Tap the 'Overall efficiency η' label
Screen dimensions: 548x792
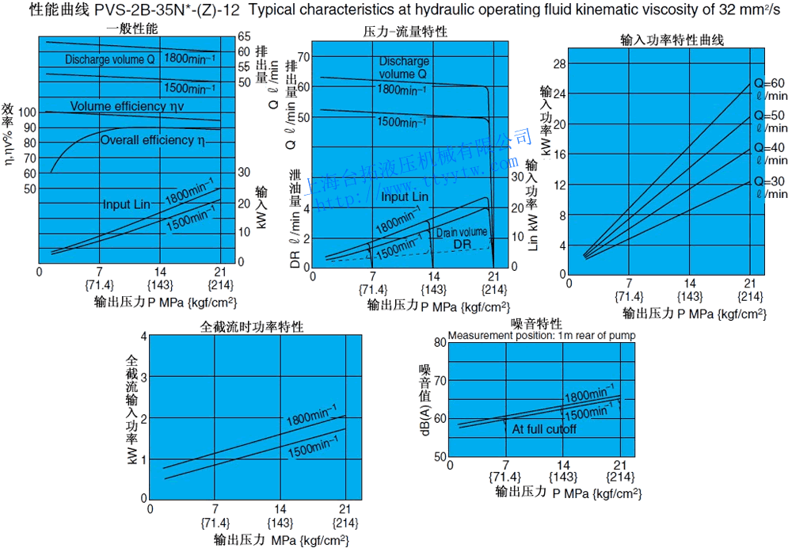coord(153,140)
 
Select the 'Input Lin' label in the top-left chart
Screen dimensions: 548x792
coord(126,204)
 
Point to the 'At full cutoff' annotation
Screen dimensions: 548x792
coord(544,429)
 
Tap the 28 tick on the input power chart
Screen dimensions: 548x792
coord(561,63)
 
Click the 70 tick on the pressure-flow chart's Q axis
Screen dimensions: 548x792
coord(303,58)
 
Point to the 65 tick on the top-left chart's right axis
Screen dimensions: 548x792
coord(244,36)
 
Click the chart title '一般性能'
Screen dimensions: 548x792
coord(132,29)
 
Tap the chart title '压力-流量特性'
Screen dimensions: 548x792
coord(405,32)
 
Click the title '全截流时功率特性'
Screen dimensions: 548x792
coord(253,326)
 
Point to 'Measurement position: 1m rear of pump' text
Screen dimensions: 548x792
coord(542,335)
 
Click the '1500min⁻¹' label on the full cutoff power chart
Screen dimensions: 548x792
coord(310,450)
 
